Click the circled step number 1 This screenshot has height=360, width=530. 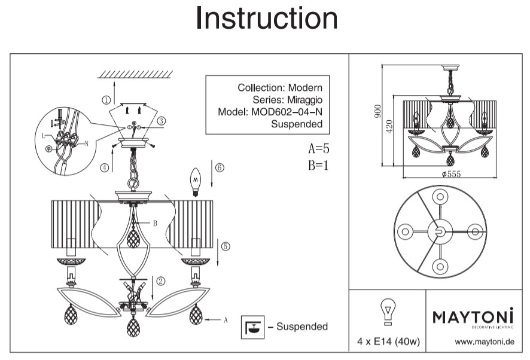(x=106, y=100)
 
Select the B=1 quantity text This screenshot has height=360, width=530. (x=319, y=166)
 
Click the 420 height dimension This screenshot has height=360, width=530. (x=389, y=127)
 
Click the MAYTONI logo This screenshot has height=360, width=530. (x=473, y=316)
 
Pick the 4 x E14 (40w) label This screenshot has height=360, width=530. (x=387, y=343)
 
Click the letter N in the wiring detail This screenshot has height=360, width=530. (x=87, y=144)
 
